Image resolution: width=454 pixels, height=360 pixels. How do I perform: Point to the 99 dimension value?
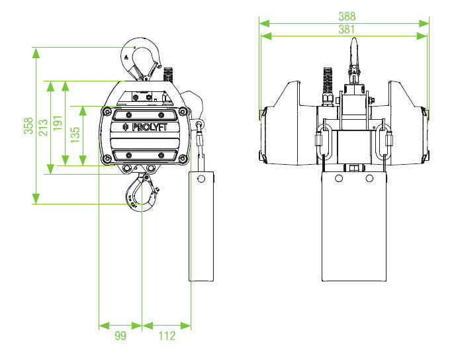120,336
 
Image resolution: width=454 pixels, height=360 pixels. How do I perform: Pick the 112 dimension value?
167,336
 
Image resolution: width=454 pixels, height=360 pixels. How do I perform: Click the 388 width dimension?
346,15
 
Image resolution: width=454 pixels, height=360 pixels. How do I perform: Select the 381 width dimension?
346,29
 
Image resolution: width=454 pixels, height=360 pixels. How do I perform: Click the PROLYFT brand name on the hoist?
149,128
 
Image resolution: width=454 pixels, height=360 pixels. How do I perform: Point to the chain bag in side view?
202,225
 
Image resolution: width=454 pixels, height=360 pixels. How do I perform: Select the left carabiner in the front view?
323,142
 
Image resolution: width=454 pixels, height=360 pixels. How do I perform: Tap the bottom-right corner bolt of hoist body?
182,159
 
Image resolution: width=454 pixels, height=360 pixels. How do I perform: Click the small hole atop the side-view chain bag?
201,178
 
